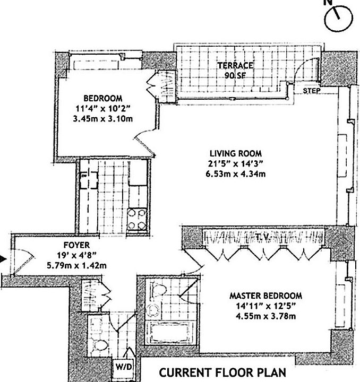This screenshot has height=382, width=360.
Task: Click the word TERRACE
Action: [x=235, y=66]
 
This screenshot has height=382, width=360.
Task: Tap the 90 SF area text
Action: [x=235, y=75]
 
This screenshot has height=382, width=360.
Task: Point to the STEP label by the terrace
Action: [x=311, y=91]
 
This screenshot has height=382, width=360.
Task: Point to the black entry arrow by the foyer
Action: [x=3, y=259]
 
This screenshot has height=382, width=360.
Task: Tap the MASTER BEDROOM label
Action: [x=265, y=296]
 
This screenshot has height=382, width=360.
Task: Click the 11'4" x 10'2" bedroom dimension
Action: [x=103, y=108]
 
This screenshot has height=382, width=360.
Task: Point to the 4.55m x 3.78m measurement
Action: [x=265, y=317]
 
